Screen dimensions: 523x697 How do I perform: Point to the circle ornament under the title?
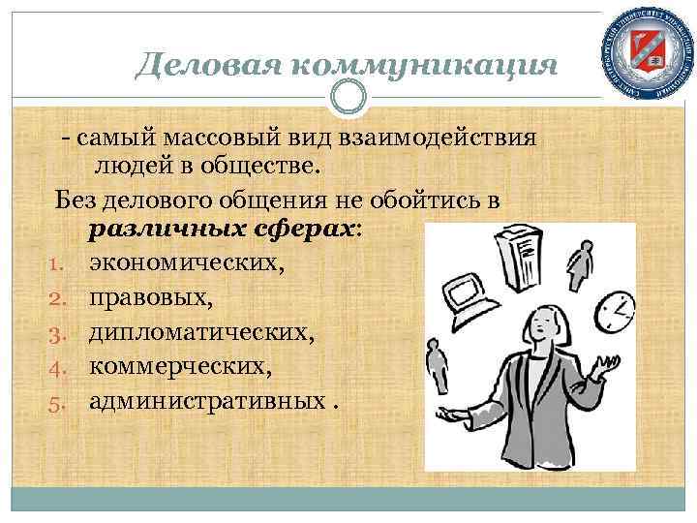(348, 96)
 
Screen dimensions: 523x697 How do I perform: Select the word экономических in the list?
(187, 261)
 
